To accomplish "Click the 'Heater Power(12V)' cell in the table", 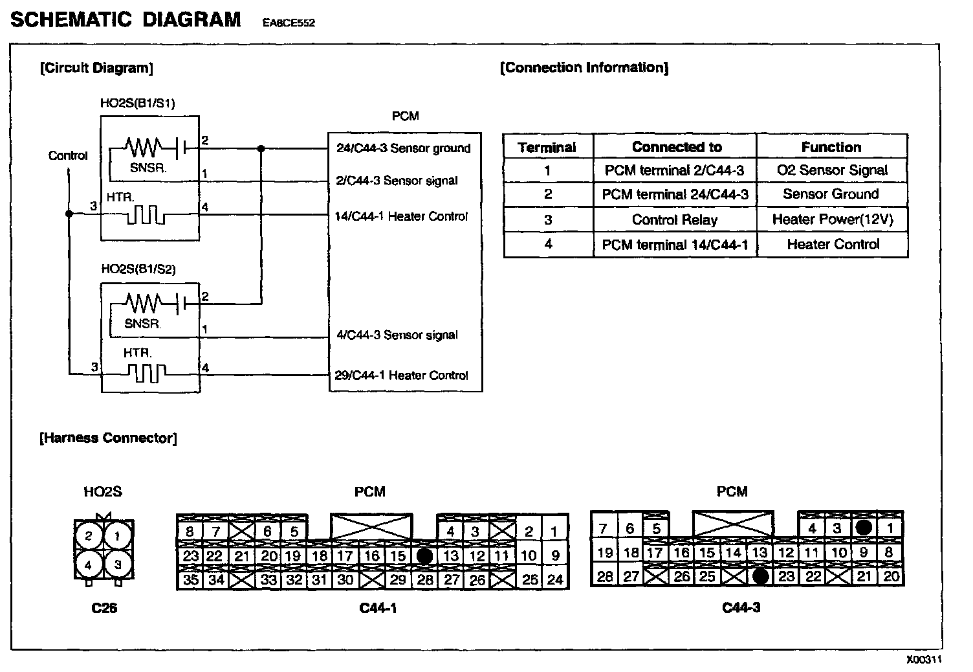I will tap(832, 219).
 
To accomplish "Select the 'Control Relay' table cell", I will tap(674, 219).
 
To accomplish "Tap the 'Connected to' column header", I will tap(676, 147).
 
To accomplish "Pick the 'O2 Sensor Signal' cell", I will tap(831, 170).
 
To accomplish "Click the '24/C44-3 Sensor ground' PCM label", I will tap(403, 148).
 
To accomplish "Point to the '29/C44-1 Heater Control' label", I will tap(401, 375).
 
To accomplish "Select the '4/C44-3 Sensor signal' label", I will tap(397, 335).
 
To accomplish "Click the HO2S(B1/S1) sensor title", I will tap(137, 103).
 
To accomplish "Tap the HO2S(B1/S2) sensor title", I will tap(138, 269).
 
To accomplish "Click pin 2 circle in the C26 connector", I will tap(89, 536).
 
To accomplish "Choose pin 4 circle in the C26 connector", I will tap(89, 565).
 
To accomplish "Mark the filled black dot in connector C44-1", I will tap(424, 555).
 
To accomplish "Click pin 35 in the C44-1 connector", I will tap(190, 579).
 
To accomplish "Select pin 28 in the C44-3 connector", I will tap(604, 576).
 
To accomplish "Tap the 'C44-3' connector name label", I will tap(741, 608).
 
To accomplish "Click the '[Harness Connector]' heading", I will tap(108, 438).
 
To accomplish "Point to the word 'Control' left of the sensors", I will tap(68, 155).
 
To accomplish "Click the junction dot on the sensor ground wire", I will tap(261, 148).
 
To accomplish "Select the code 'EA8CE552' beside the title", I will tap(289, 23).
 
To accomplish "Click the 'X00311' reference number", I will tap(923, 660).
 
